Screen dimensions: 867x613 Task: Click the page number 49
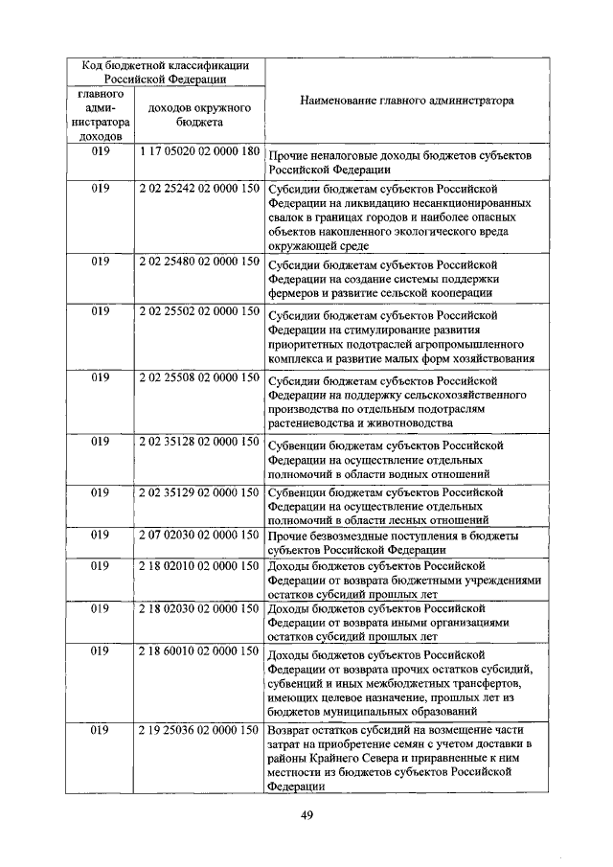click(x=307, y=815)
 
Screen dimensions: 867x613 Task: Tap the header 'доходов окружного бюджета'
click(x=199, y=115)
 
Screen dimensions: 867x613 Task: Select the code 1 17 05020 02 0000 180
click(x=199, y=152)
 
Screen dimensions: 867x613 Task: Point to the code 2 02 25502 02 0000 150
click(x=199, y=312)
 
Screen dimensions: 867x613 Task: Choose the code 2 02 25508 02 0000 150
click(x=199, y=377)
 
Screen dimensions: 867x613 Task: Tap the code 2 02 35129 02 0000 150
click(x=199, y=492)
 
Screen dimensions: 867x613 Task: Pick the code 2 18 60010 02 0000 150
click(x=199, y=651)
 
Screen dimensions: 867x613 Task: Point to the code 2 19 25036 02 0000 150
click(x=199, y=730)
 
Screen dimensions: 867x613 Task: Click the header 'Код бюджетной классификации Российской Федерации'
click(x=165, y=72)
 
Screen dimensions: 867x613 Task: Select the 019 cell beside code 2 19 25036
click(x=101, y=730)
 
